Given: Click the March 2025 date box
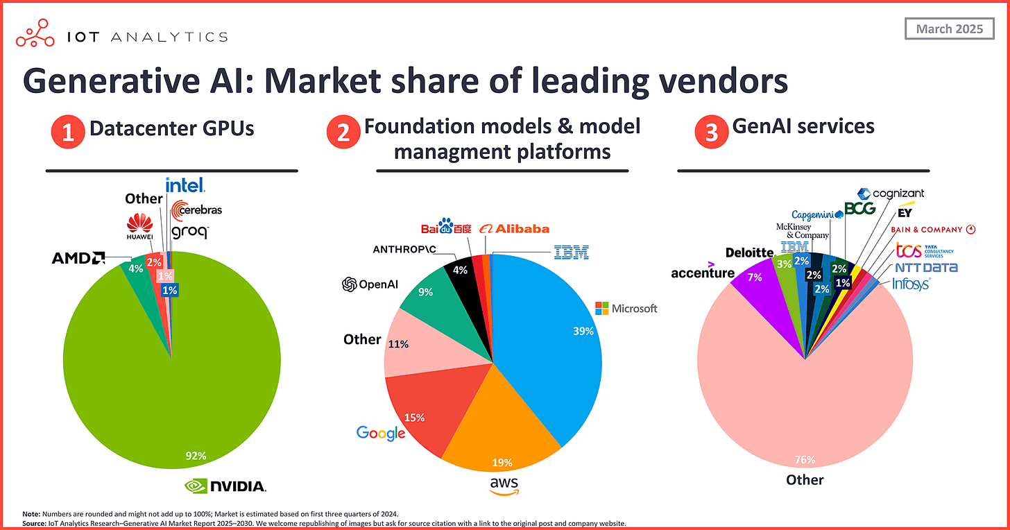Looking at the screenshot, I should tap(948, 29).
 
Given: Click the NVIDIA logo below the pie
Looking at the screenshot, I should tap(225, 486).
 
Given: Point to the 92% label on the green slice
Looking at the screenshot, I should tap(195, 456).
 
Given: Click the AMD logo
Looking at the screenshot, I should tap(78, 259).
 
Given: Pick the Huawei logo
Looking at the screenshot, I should tap(139, 227).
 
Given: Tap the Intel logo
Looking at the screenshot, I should tap(185, 185).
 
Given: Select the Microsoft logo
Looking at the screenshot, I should tap(626, 308).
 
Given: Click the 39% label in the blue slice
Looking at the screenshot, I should tap(583, 332).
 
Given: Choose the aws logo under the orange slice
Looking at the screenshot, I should tap(502, 486).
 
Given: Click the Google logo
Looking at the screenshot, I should tap(381, 434).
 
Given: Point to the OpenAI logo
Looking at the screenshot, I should tap(370, 284).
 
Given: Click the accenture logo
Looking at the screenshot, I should tap(702, 271).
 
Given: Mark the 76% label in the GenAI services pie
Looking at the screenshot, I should tap(805, 459).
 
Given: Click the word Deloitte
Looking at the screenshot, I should tap(749, 252).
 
